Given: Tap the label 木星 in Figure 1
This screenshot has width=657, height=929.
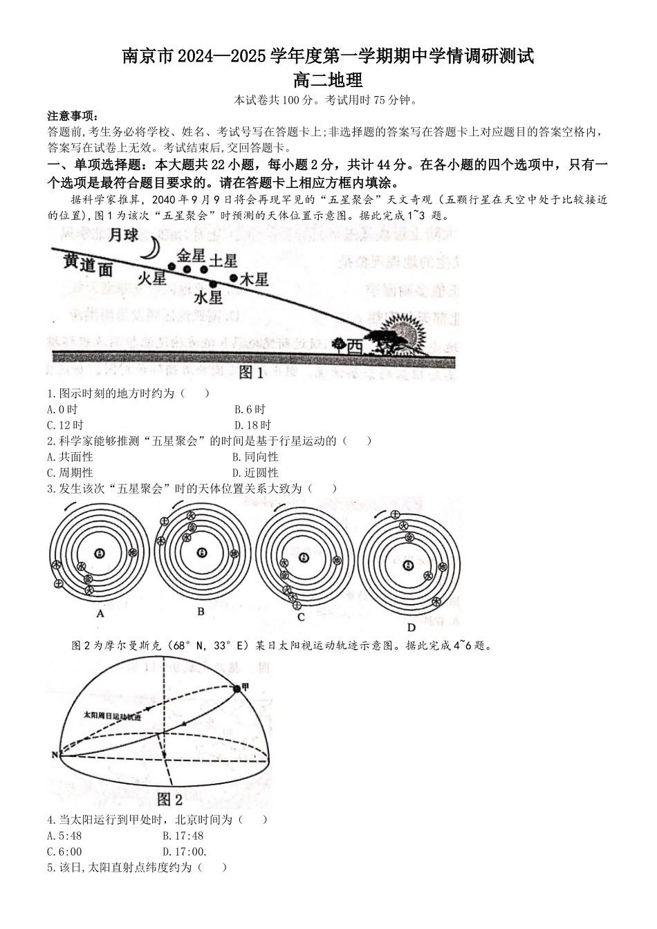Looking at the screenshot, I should coord(253,280).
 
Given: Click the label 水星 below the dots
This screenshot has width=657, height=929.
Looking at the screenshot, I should coord(208,298).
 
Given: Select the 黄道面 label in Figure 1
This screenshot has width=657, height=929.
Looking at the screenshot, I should coord(87,265).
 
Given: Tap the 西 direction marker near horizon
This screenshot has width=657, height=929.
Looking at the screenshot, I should coord(353,345).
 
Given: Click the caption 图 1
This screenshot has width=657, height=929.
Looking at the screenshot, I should coord(251,373).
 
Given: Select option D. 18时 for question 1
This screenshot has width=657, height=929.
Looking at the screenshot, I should coord(252,425).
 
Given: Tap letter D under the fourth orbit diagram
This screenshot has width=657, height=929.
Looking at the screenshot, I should coord(411,628).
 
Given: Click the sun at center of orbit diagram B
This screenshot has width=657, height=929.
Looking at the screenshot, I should coord(201,552).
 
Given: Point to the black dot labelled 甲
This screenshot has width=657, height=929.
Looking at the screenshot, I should coord(237,688).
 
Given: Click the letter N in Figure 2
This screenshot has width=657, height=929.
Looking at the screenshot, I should coord(54,755).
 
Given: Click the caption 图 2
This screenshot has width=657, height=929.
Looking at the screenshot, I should coord(169,800).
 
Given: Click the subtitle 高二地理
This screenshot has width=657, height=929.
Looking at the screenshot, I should coord(328,81).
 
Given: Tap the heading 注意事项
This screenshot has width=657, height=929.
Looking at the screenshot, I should coord(73,116).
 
